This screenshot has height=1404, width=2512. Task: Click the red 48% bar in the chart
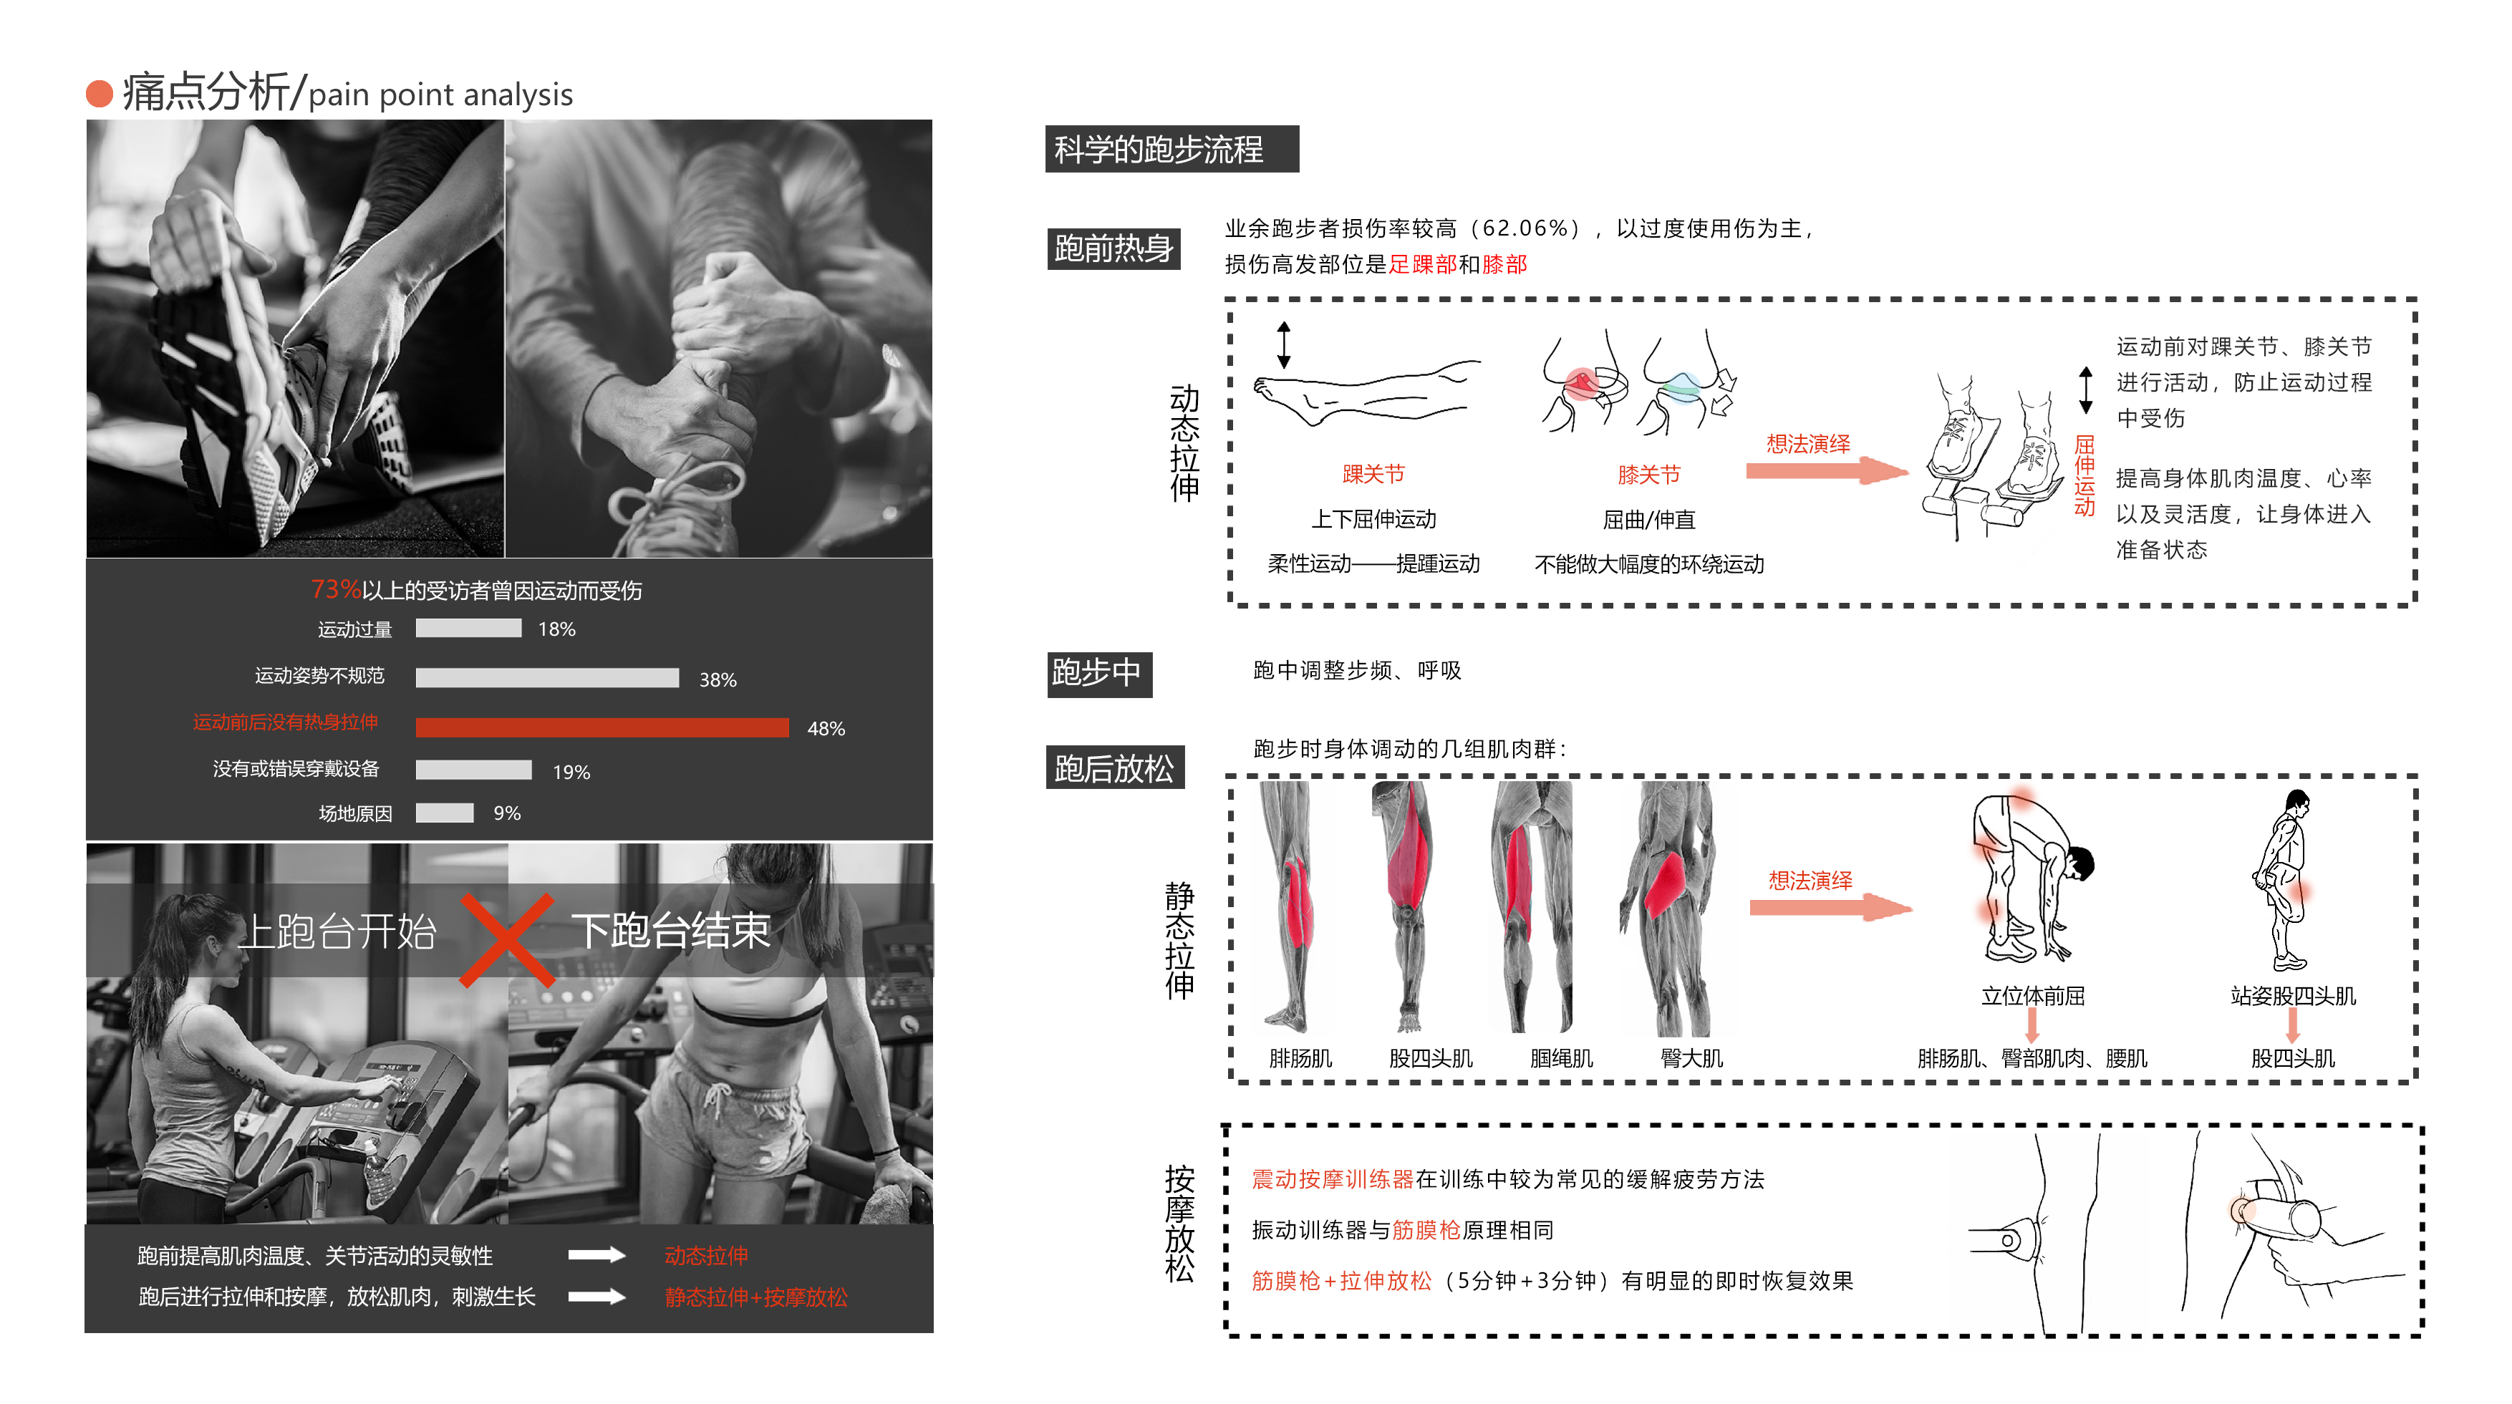click(602, 727)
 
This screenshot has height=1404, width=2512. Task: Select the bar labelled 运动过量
click(468, 629)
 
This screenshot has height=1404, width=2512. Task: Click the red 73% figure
click(335, 589)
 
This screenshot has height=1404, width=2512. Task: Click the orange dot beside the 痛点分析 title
click(100, 94)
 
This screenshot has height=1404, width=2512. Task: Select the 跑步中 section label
click(1098, 673)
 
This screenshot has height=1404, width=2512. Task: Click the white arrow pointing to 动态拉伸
click(596, 1255)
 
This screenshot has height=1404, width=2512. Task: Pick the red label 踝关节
click(1373, 474)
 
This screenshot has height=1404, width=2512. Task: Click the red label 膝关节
click(1649, 475)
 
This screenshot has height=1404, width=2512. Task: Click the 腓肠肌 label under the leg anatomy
click(1300, 1058)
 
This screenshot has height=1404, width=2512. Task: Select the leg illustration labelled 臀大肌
click(1672, 906)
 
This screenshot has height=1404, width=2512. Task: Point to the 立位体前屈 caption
click(2032, 995)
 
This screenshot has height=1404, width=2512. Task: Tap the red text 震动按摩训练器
click(1332, 1178)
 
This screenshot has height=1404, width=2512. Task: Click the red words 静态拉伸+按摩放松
click(755, 1297)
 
